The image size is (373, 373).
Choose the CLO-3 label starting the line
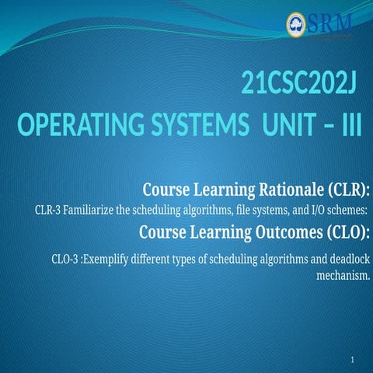(63, 258)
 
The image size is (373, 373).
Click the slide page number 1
(352, 361)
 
